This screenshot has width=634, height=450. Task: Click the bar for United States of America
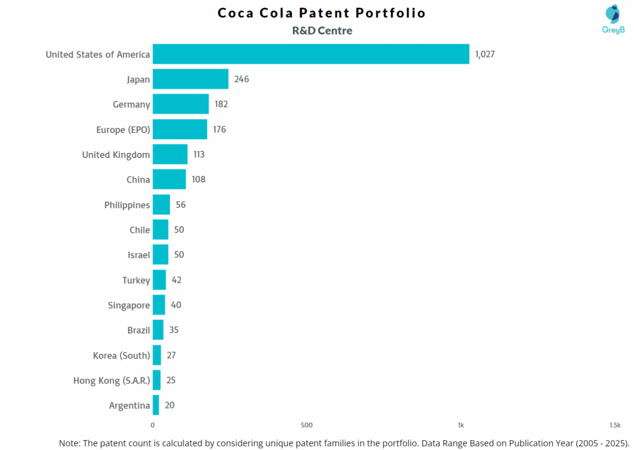311,54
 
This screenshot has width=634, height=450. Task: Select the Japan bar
190,79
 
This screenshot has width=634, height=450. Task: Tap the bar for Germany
180,104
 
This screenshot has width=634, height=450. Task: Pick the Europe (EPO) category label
123,129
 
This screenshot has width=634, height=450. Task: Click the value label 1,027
485,54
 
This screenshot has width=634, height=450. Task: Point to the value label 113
198,154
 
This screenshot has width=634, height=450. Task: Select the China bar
169,180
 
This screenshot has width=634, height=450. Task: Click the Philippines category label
127,205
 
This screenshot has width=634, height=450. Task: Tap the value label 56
180,205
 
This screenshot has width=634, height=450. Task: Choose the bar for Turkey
159,280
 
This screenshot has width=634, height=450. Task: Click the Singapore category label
129,305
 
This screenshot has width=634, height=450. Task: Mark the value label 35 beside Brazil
173,330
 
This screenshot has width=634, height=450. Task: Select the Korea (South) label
121,355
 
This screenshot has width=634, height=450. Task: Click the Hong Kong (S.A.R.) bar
157,380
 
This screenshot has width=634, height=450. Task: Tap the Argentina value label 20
170,405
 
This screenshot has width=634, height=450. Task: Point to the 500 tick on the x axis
306,425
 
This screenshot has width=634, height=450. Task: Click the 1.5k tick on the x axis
614,425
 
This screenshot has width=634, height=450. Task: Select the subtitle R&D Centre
321,30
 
